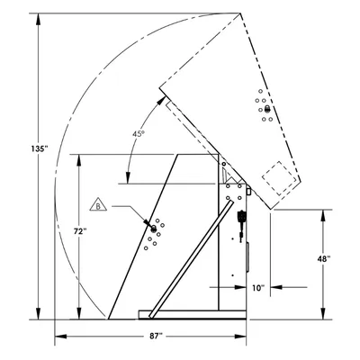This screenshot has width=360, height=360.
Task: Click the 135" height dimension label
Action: [x=40, y=148]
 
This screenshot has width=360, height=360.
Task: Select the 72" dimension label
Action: [x=80, y=231]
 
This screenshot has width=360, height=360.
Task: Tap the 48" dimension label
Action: [x=324, y=259]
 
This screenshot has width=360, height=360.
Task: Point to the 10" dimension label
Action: [x=258, y=288]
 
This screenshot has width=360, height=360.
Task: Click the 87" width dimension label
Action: [x=156, y=337]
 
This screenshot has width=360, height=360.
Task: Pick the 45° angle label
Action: [x=139, y=134]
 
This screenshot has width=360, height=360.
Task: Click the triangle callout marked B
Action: [x=98, y=205]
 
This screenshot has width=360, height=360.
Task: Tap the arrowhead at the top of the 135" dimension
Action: [x=38, y=19]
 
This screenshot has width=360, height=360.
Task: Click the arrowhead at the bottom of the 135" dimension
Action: [x=38, y=314]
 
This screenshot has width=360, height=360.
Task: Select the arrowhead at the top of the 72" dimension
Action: [x=79, y=160]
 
